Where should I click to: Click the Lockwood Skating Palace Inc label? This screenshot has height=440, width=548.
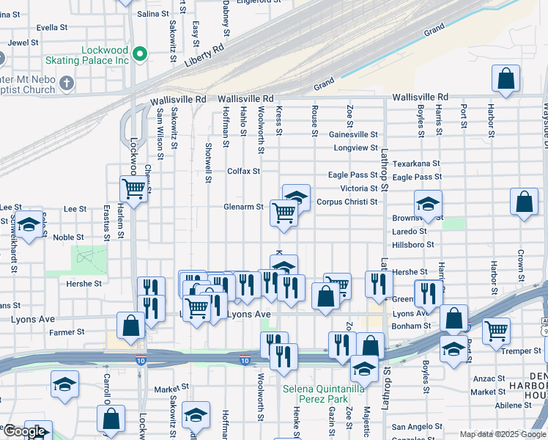[86, 54]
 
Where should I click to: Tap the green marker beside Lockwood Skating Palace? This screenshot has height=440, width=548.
[141, 54]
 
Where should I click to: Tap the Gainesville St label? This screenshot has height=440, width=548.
[353, 135]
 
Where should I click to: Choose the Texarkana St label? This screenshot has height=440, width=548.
[415, 164]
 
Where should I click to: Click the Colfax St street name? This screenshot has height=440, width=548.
[244, 172]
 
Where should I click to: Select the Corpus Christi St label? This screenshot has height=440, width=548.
[347, 202]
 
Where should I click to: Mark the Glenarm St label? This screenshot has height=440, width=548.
[244, 207]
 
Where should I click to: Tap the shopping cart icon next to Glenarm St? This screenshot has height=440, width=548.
[284, 213]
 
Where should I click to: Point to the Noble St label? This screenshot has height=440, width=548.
[68, 237]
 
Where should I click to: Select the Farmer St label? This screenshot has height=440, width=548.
[67, 332]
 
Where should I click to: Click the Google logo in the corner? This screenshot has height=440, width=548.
[25, 431]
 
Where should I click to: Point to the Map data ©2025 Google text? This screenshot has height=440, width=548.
[502, 434]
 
